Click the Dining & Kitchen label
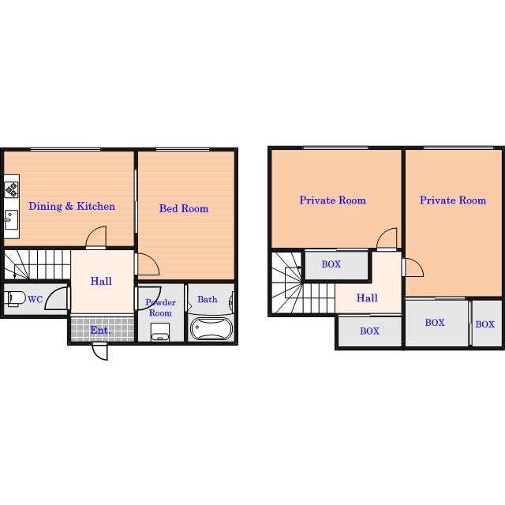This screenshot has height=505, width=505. pos(72,206)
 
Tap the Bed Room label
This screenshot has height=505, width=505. pos(184,208)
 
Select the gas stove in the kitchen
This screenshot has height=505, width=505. pos(12,189)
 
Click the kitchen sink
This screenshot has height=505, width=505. pos(11,219)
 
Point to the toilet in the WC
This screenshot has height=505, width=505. pos(15,298)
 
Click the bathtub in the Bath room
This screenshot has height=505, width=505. pos(211,328)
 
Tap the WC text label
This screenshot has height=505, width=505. pos(35,299)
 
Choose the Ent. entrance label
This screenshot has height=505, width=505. pos(100,330)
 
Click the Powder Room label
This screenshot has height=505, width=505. pos(160,308)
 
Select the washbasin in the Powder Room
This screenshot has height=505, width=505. pos(160,332)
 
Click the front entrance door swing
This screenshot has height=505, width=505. pos(100,352)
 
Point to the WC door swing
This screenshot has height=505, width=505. pos(56,298)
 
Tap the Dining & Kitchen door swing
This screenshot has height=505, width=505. pos(96,238)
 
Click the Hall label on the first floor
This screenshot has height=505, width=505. pos(101,281)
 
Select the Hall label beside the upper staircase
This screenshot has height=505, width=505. pos(367,297)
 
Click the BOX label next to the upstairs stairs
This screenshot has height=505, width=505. pos(331,264)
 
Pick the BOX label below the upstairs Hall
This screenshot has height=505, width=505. pos(370,331)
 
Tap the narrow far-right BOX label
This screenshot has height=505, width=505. pos(485,324)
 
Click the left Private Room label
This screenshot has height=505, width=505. pos(333,200)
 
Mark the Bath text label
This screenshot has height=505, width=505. pos(208,299)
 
